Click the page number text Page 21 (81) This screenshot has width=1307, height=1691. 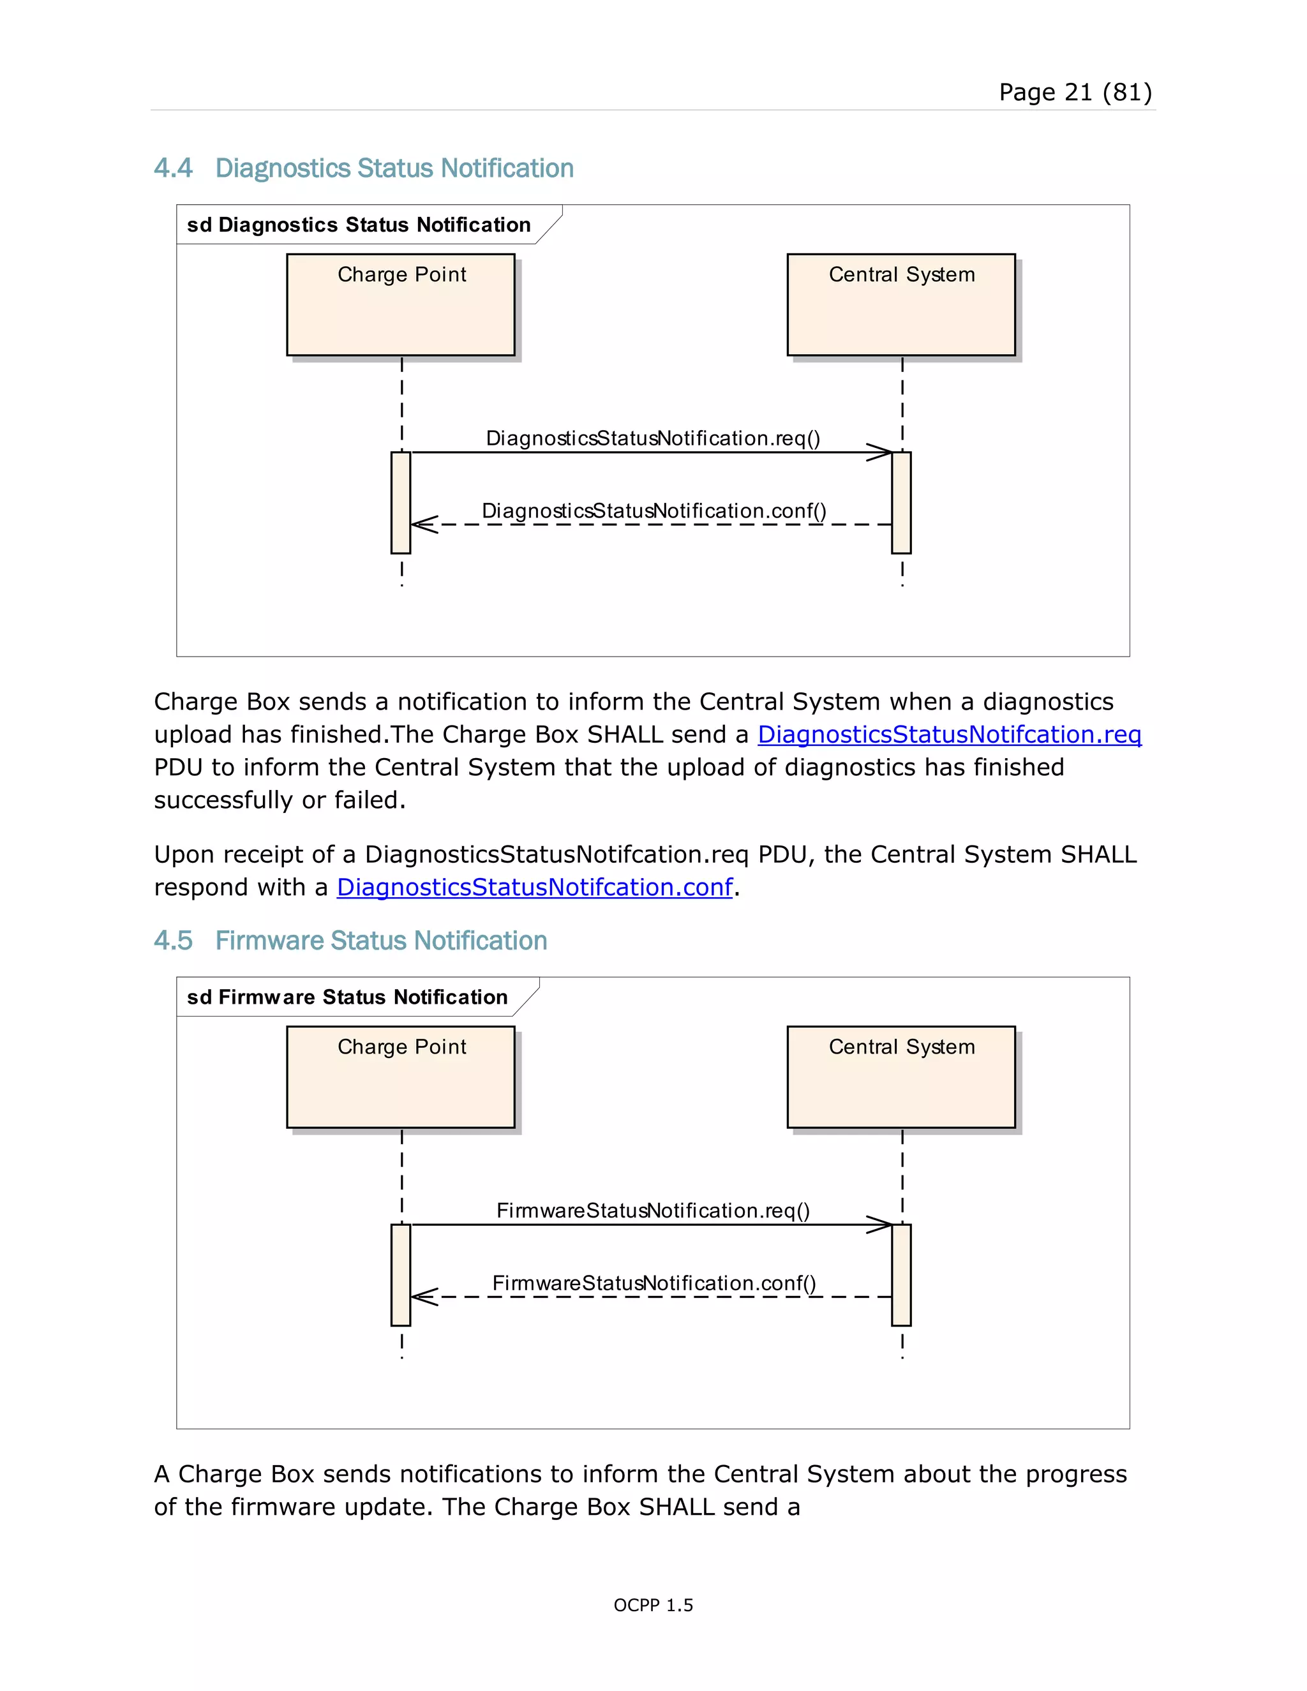[x=1075, y=92]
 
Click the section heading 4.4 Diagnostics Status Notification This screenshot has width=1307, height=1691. [x=363, y=168]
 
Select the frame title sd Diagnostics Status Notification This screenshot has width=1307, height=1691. [x=359, y=225]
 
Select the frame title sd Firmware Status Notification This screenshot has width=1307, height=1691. [x=347, y=997]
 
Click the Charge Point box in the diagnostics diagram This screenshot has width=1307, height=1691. [x=400, y=304]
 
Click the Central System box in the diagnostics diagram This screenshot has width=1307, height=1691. [x=900, y=304]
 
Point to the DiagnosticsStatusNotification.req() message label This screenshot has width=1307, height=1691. [x=652, y=438]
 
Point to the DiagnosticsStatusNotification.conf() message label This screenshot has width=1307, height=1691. [x=653, y=511]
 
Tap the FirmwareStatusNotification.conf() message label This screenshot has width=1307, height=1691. [x=653, y=1283]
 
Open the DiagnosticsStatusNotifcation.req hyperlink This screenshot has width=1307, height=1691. [x=948, y=734]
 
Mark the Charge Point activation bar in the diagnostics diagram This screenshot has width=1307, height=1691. [x=400, y=502]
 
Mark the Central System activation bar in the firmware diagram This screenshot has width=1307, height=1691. [x=901, y=1274]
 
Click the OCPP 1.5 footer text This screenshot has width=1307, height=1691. [x=653, y=1605]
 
